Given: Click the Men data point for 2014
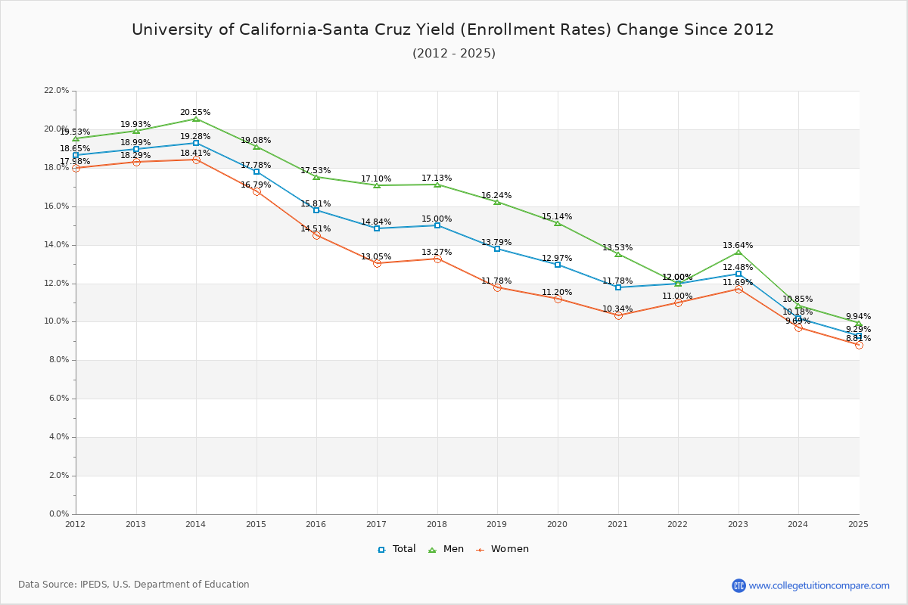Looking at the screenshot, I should (196, 119).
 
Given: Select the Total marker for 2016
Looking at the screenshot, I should (316, 210).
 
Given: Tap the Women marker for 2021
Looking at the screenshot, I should (618, 315).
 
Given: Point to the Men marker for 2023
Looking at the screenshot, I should (739, 252).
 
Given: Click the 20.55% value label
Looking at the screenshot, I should (195, 113).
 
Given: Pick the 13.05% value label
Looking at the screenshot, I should (376, 257).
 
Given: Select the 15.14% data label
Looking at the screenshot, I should (557, 217).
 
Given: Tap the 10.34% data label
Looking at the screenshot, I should (617, 309).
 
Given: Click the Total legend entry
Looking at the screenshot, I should (396, 549).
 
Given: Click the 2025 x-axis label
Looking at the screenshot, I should (858, 524).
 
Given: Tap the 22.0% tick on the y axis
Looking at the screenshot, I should (57, 91).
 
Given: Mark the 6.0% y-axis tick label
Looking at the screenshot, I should (59, 399).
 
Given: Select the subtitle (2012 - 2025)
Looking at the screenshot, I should (454, 54).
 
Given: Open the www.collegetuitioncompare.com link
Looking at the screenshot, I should (819, 585).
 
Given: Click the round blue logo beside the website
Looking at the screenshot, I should (739, 585).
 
